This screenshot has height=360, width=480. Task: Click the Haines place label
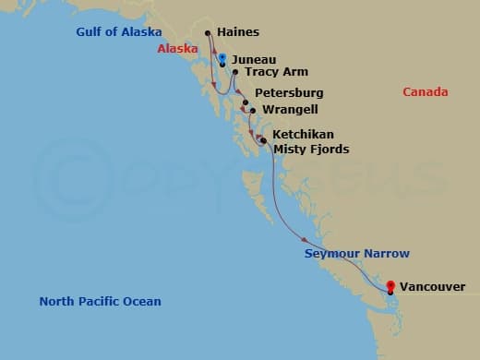(x=237, y=32)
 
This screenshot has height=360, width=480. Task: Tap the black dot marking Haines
(x=208, y=34)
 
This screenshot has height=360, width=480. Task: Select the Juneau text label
(x=253, y=58)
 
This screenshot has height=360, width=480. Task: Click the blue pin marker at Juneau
(x=222, y=58)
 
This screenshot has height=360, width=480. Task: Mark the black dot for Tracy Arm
(x=235, y=72)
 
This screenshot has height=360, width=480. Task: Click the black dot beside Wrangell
(x=253, y=111)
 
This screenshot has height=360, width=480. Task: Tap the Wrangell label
(x=290, y=110)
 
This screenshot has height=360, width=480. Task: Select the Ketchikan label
(x=303, y=135)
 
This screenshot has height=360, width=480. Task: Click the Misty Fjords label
(x=310, y=150)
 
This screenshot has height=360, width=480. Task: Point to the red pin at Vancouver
(x=390, y=286)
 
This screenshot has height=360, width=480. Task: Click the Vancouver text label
(x=434, y=287)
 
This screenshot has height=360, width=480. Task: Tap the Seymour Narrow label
(x=356, y=254)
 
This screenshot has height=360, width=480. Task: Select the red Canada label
(x=426, y=92)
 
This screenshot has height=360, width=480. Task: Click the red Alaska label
(x=177, y=49)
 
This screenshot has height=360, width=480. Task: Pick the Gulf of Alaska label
(x=119, y=32)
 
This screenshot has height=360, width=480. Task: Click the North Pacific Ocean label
(x=100, y=302)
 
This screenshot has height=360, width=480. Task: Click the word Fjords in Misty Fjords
(x=329, y=150)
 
